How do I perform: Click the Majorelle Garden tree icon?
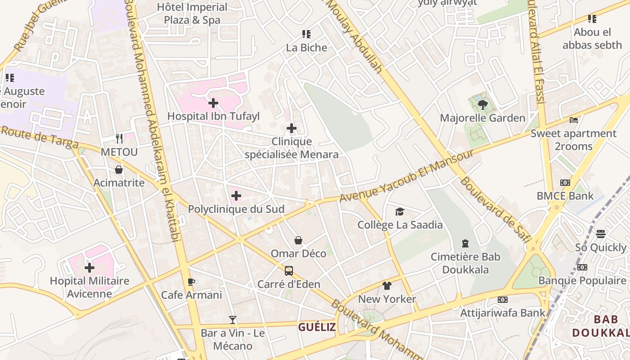coord(482,105)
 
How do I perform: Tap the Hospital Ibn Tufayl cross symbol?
coord(213,103)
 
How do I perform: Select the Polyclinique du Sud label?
coord(236,209)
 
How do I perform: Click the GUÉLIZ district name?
coord(317,327)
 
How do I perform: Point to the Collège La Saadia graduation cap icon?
coord(400,211)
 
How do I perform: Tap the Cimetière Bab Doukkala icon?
coord(465,243)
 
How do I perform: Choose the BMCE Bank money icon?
coord(565,183)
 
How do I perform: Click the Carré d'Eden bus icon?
coord(289,271)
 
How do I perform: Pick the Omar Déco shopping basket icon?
coord(298,240)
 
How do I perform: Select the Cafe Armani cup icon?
coord(191,282)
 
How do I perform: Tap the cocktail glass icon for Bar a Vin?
coord(233,320)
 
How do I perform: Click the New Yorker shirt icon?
coord(387,286)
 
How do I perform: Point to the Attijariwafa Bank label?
coord(503,312)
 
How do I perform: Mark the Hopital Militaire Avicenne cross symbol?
coord(90,268)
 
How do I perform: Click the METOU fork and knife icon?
coord(119,138)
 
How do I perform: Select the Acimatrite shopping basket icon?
coord(119,170)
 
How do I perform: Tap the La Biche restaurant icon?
coord(306,34)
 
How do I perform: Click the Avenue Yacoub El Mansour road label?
coord(406,175)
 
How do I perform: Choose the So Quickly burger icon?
coord(601,234)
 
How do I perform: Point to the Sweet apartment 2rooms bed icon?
coord(574,120)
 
